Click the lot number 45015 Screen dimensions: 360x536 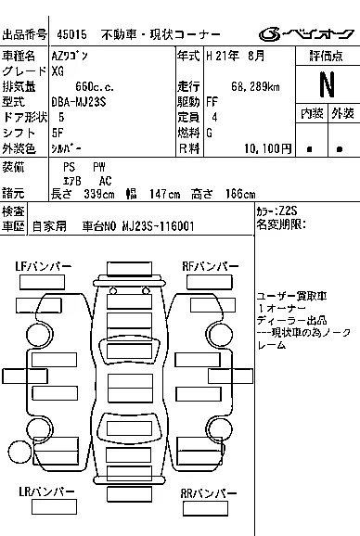click(x=71, y=34)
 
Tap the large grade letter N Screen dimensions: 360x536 click(x=327, y=84)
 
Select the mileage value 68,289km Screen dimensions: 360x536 click(x=255, y=87)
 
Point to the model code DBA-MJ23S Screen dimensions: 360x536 click(x=79, y=102)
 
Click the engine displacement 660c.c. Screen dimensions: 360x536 click(x=95, y=87)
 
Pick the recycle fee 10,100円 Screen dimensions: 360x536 click(x=268, y=148)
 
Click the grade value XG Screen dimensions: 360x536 click(x=58, y=71)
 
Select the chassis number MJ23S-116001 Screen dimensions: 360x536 click(x=159, y=226)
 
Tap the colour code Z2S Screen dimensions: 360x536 click(x=288, y=211)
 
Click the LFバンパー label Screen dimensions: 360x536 click(x=44, y=267)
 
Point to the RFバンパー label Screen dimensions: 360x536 click(x=211, y=267)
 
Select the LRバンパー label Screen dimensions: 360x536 click(x=46, y=491)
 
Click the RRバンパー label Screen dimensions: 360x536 click(x=209, y=493)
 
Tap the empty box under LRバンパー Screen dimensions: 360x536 click(x=54, y=507)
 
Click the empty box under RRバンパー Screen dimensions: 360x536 click(x=205, y=509)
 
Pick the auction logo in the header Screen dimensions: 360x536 click(x=306, y=34)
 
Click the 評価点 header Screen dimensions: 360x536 click(x=327, y=56)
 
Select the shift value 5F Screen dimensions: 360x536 click(x=58, y=133)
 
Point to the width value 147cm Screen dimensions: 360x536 click(x=164, y=194)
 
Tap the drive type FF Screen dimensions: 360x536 click(x=212, y=102)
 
